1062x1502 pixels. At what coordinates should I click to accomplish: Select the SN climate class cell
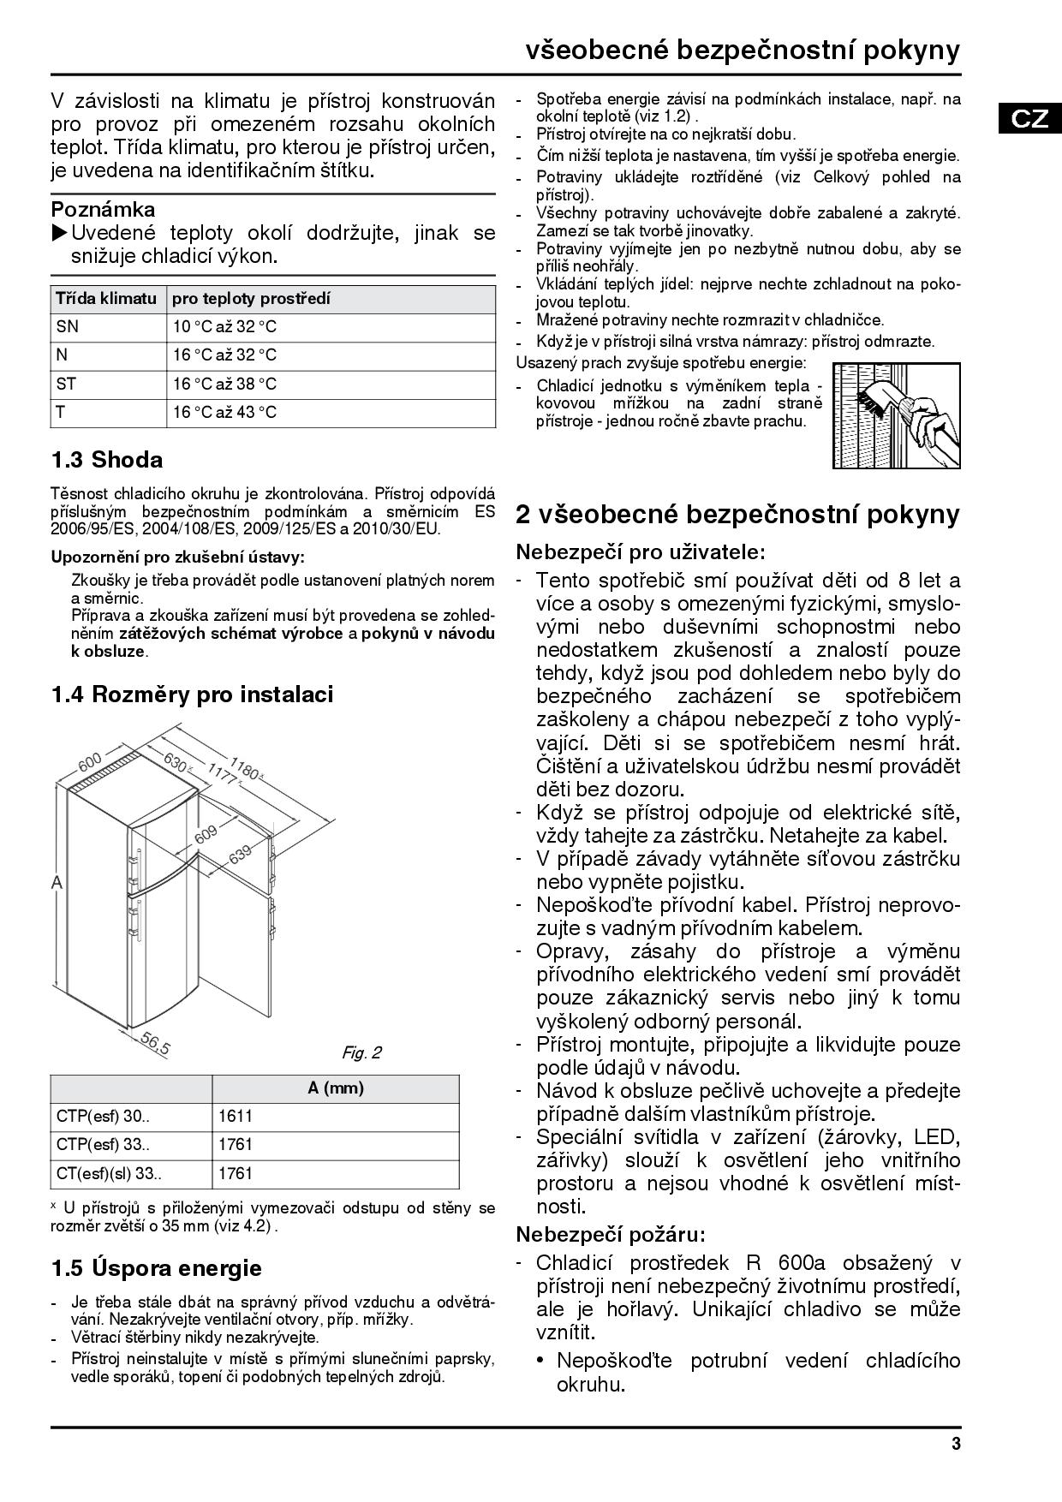click(67, 327)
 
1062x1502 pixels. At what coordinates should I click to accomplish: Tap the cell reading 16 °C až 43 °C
click(225, 413)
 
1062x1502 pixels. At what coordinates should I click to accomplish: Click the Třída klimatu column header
click(106, 299)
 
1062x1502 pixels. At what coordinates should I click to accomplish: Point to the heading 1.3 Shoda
click(107, 460)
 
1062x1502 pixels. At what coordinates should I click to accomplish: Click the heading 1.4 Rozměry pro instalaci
click(192, 694)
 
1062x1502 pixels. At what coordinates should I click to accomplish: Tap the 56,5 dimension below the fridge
click(155, 1044)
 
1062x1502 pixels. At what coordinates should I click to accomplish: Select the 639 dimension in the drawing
click(242, 854)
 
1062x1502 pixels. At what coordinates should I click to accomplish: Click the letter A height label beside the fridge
click(57, 882)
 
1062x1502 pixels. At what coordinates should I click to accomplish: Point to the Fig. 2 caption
click(361, 1052)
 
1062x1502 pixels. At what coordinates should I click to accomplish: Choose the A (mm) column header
click(336, 1088)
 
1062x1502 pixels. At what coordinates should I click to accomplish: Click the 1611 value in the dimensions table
click(236, 1117)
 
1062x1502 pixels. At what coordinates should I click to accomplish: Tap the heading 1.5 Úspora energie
click(156, 1267)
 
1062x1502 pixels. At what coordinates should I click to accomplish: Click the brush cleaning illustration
click(897, 414)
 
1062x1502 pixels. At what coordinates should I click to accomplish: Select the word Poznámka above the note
click(104, 210)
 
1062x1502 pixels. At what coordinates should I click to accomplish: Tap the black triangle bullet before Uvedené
click(59, 233)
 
